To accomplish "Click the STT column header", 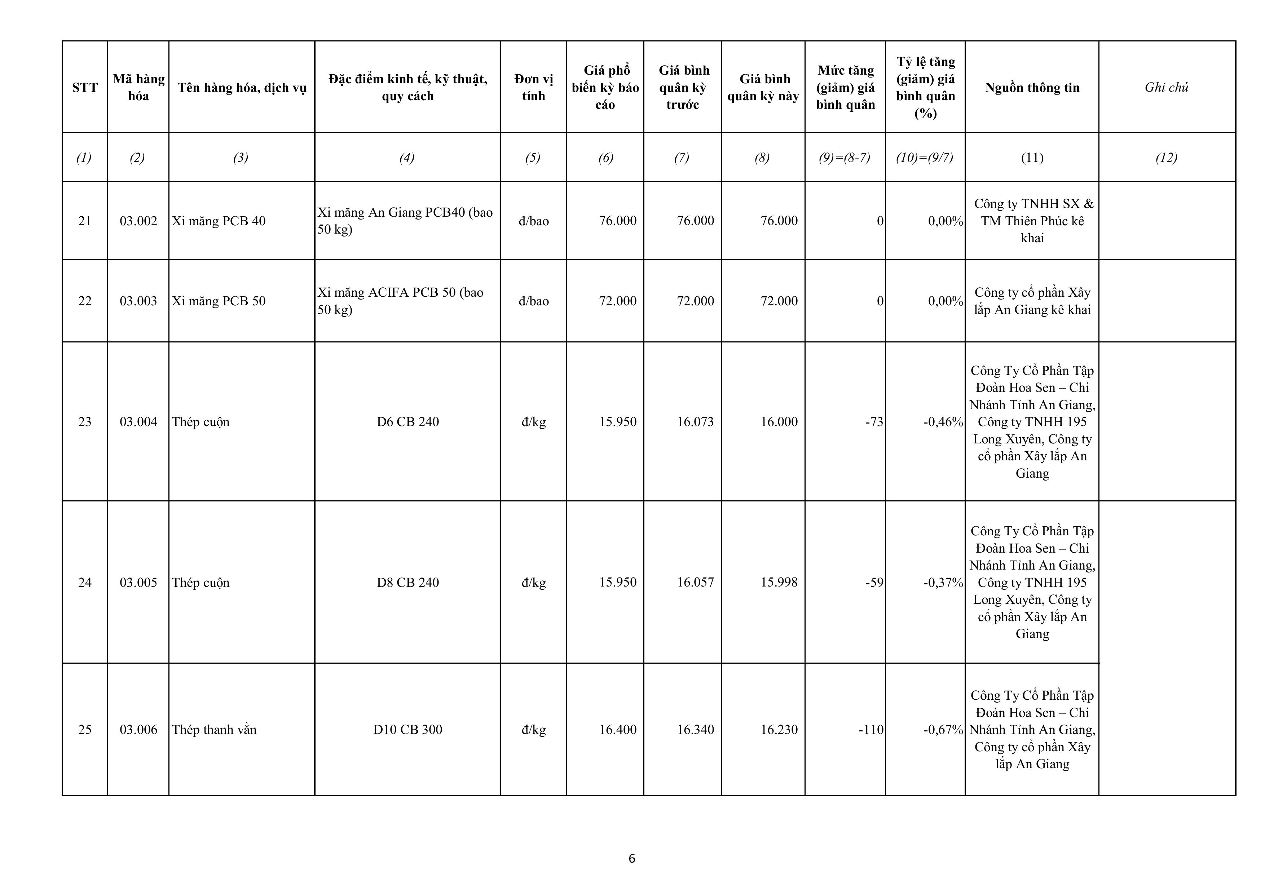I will tap(84, 88).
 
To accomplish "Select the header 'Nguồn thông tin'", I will tap(1032, 88).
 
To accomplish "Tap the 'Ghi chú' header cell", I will tap(1167, 88).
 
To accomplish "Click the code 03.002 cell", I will tap(138, 221).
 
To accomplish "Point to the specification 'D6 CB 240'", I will tap(408, 422).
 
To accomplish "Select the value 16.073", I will tap(695, 422).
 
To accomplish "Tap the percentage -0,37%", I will tap(943, 583).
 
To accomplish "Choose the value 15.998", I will tap(779, 582).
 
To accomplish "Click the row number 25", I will tap(84, 730).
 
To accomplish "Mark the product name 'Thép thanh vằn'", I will tap(214, 730).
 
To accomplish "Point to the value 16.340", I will tap(695, 730).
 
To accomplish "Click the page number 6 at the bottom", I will tap(632, 858).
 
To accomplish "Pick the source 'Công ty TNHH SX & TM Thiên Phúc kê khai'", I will tap(1032, 221).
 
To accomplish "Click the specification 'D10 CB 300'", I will tap(408, 730).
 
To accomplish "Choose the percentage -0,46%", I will tap(943, 422).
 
